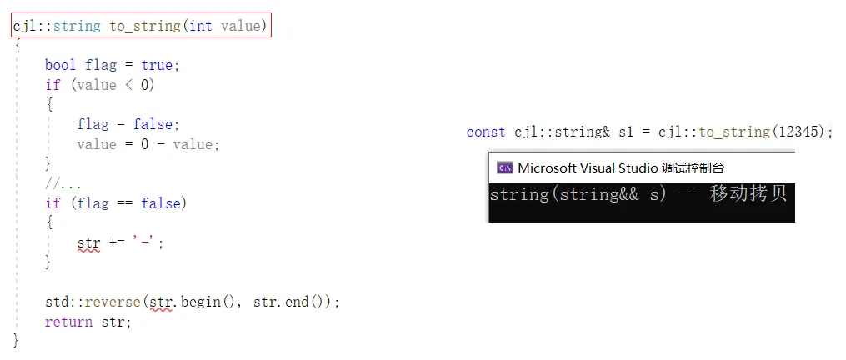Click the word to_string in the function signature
click(x=144, y=26)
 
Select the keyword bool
click(x=61, y=65)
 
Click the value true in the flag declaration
click(x=158, y=65)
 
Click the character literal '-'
click(x=148, y=243)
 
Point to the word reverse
click(x=111, y=302)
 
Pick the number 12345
click(x=798, y=132)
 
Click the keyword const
click(x=486, y=132)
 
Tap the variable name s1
click(x=627, y=132)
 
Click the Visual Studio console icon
click(x=504, y=167)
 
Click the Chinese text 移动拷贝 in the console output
click(x=748, y=195)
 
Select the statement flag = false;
click(x=128, y=124)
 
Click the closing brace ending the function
click(x=16, y=340)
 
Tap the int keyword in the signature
click(x=201, y=26)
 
